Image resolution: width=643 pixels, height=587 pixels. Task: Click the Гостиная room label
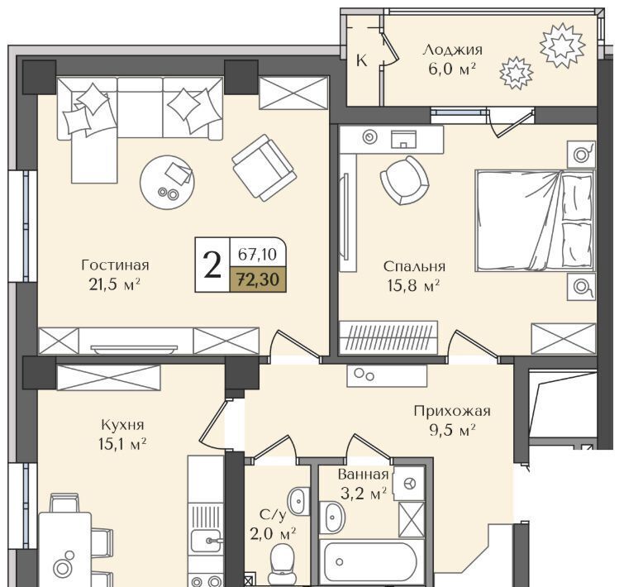115,265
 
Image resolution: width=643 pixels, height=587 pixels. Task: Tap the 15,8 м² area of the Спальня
413,285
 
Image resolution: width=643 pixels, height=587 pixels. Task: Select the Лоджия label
453,50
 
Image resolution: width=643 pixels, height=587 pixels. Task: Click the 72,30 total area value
259,279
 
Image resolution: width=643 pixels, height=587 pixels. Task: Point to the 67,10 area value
258,255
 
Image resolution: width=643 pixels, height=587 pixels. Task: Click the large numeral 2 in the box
212,265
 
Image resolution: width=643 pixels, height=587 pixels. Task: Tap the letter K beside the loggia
361,60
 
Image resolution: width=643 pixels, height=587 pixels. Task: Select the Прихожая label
452,411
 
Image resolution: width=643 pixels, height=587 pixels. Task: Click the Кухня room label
122,425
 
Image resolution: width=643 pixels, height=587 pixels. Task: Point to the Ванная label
363,475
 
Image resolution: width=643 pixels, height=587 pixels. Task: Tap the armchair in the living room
264,167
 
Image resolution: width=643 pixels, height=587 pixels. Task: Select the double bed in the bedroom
536,221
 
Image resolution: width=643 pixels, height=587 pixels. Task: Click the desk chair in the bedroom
404,180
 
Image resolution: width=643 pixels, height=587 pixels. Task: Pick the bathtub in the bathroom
371,562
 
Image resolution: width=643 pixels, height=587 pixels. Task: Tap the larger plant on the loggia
562,45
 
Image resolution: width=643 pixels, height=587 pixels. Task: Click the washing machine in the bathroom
409,484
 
